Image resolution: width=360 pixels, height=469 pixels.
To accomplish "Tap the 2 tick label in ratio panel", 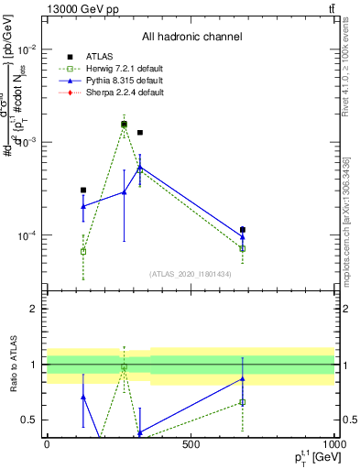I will (33, 309).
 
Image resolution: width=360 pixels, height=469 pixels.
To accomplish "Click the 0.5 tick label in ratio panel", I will (29, 420).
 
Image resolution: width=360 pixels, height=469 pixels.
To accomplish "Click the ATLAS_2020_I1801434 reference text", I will (191, 274).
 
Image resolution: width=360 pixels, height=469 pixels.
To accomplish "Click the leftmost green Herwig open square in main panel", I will (83, 251).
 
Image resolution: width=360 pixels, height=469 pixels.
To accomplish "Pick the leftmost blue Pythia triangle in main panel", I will (83, 206).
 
